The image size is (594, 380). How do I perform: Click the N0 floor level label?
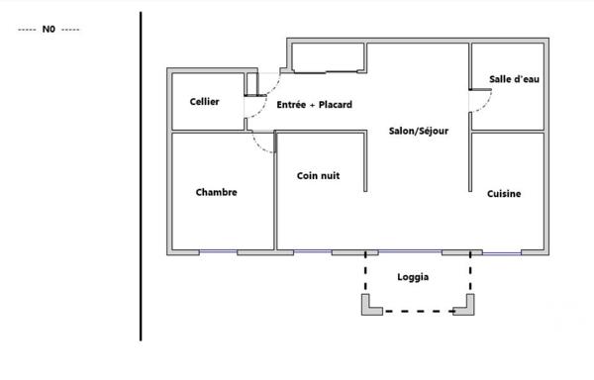click(49, 30)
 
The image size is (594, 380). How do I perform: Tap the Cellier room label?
click(204, 102)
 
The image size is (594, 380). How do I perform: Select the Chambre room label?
click(216, 192)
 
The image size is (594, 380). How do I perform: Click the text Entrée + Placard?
click(314, 104)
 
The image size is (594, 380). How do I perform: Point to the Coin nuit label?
click(319, 175)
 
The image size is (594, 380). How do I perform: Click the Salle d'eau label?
click(514, 79)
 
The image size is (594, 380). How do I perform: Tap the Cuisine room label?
click(504, 194)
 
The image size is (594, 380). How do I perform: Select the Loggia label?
click(413, 278)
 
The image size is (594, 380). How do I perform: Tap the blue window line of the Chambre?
click(218, 252)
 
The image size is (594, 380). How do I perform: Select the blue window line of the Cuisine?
click(501, 253)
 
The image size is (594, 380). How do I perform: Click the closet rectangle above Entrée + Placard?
click(328, 58)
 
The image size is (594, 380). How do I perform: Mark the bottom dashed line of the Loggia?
click(416, 312)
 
